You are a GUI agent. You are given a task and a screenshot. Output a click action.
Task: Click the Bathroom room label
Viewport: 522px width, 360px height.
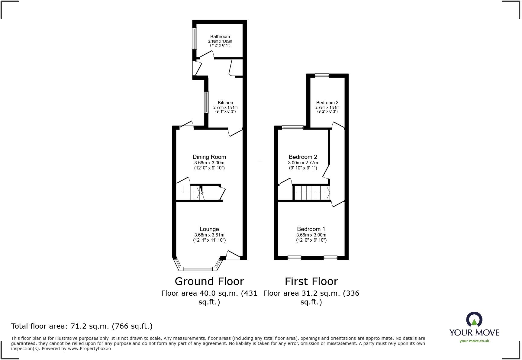[x=220, y=37]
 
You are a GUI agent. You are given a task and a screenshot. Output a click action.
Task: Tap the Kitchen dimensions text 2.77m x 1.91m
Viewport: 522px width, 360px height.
[x=225, y=107]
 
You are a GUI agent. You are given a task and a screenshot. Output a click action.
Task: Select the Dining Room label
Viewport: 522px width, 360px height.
[x=209, y=157]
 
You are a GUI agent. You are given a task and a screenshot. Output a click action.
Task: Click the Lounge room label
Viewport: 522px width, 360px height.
[x=209, y=229]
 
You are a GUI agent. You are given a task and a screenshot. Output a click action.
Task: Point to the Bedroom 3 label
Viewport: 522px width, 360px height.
[x=327, y=102]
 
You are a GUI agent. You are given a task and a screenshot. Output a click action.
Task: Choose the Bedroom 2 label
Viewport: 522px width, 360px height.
[x=303, y=157]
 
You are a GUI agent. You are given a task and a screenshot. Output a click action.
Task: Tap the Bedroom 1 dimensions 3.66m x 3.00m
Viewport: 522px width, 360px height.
[x=311, y=235]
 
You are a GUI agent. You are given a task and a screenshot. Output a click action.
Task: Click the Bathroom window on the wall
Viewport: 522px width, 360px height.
[x=195, y=38]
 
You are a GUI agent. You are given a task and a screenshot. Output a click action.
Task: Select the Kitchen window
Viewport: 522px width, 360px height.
[x=206, y=102]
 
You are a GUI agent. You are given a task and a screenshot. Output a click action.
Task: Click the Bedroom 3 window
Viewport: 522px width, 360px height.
[x=322, y=76]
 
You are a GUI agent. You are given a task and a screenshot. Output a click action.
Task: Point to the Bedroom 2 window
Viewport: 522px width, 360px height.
[x=292, y=128]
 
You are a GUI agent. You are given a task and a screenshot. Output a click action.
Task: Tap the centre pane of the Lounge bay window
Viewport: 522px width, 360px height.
[x=198, y=268]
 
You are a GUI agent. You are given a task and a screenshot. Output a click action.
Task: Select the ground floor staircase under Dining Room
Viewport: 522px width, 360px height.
[x=193, y=193]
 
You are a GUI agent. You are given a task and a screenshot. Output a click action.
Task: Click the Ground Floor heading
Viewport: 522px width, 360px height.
[x=209, y=281]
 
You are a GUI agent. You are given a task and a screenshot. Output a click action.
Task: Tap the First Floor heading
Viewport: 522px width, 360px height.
[x=311, y=281]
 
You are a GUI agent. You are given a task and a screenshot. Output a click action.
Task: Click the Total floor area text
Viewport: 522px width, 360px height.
[x=82, y=326]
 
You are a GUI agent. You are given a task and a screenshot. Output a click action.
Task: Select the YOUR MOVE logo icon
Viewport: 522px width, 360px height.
[x=474, y=320]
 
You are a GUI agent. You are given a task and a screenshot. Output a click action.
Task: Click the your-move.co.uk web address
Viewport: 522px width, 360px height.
[x=474, y=341]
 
